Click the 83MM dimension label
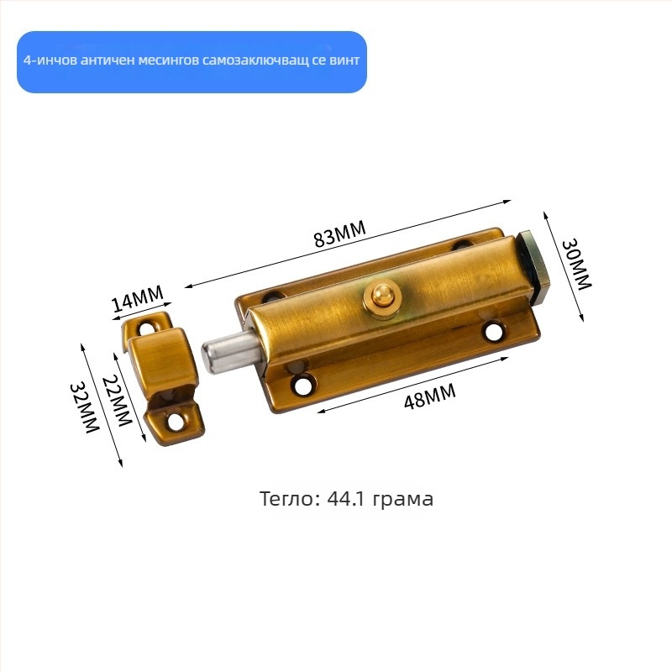tap(340, 234)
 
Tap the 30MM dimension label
tap(576, 265)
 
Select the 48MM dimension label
tap(429, 396)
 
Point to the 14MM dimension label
tap(138, 298)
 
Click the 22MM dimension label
tap(117, 402)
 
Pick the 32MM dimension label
tap(85, 407)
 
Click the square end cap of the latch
tap(533, 265)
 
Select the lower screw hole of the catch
tap(175, 422)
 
